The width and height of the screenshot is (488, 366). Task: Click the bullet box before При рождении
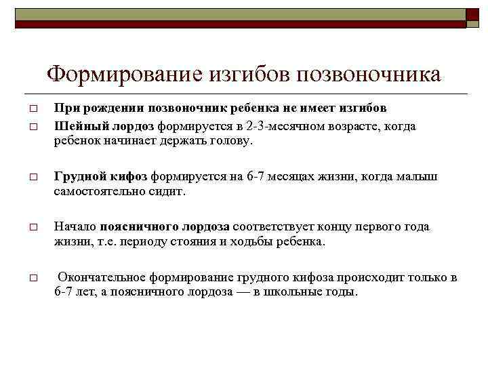click(x=32, y=109)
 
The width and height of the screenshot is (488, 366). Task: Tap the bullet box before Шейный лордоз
click(x=32, y=127)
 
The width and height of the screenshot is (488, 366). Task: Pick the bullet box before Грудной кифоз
click(x=32, y=178)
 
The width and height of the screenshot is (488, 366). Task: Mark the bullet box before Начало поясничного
click(x=32, y=228)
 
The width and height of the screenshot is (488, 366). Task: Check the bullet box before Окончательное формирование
click(x=32, y=278)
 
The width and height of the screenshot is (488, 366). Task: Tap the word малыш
click(x=420, y=177)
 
